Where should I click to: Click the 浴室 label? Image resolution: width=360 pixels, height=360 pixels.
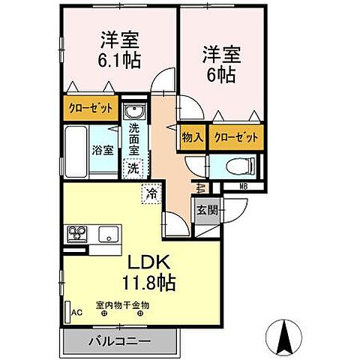tap(103, 148)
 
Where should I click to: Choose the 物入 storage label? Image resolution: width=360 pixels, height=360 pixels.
tap(193, 137)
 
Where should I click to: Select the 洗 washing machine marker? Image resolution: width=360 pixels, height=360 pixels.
tap(133, 169)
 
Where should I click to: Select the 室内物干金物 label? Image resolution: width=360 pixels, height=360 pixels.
tap(123, 305)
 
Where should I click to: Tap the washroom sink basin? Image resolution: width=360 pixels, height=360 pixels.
tap(134, 113)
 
